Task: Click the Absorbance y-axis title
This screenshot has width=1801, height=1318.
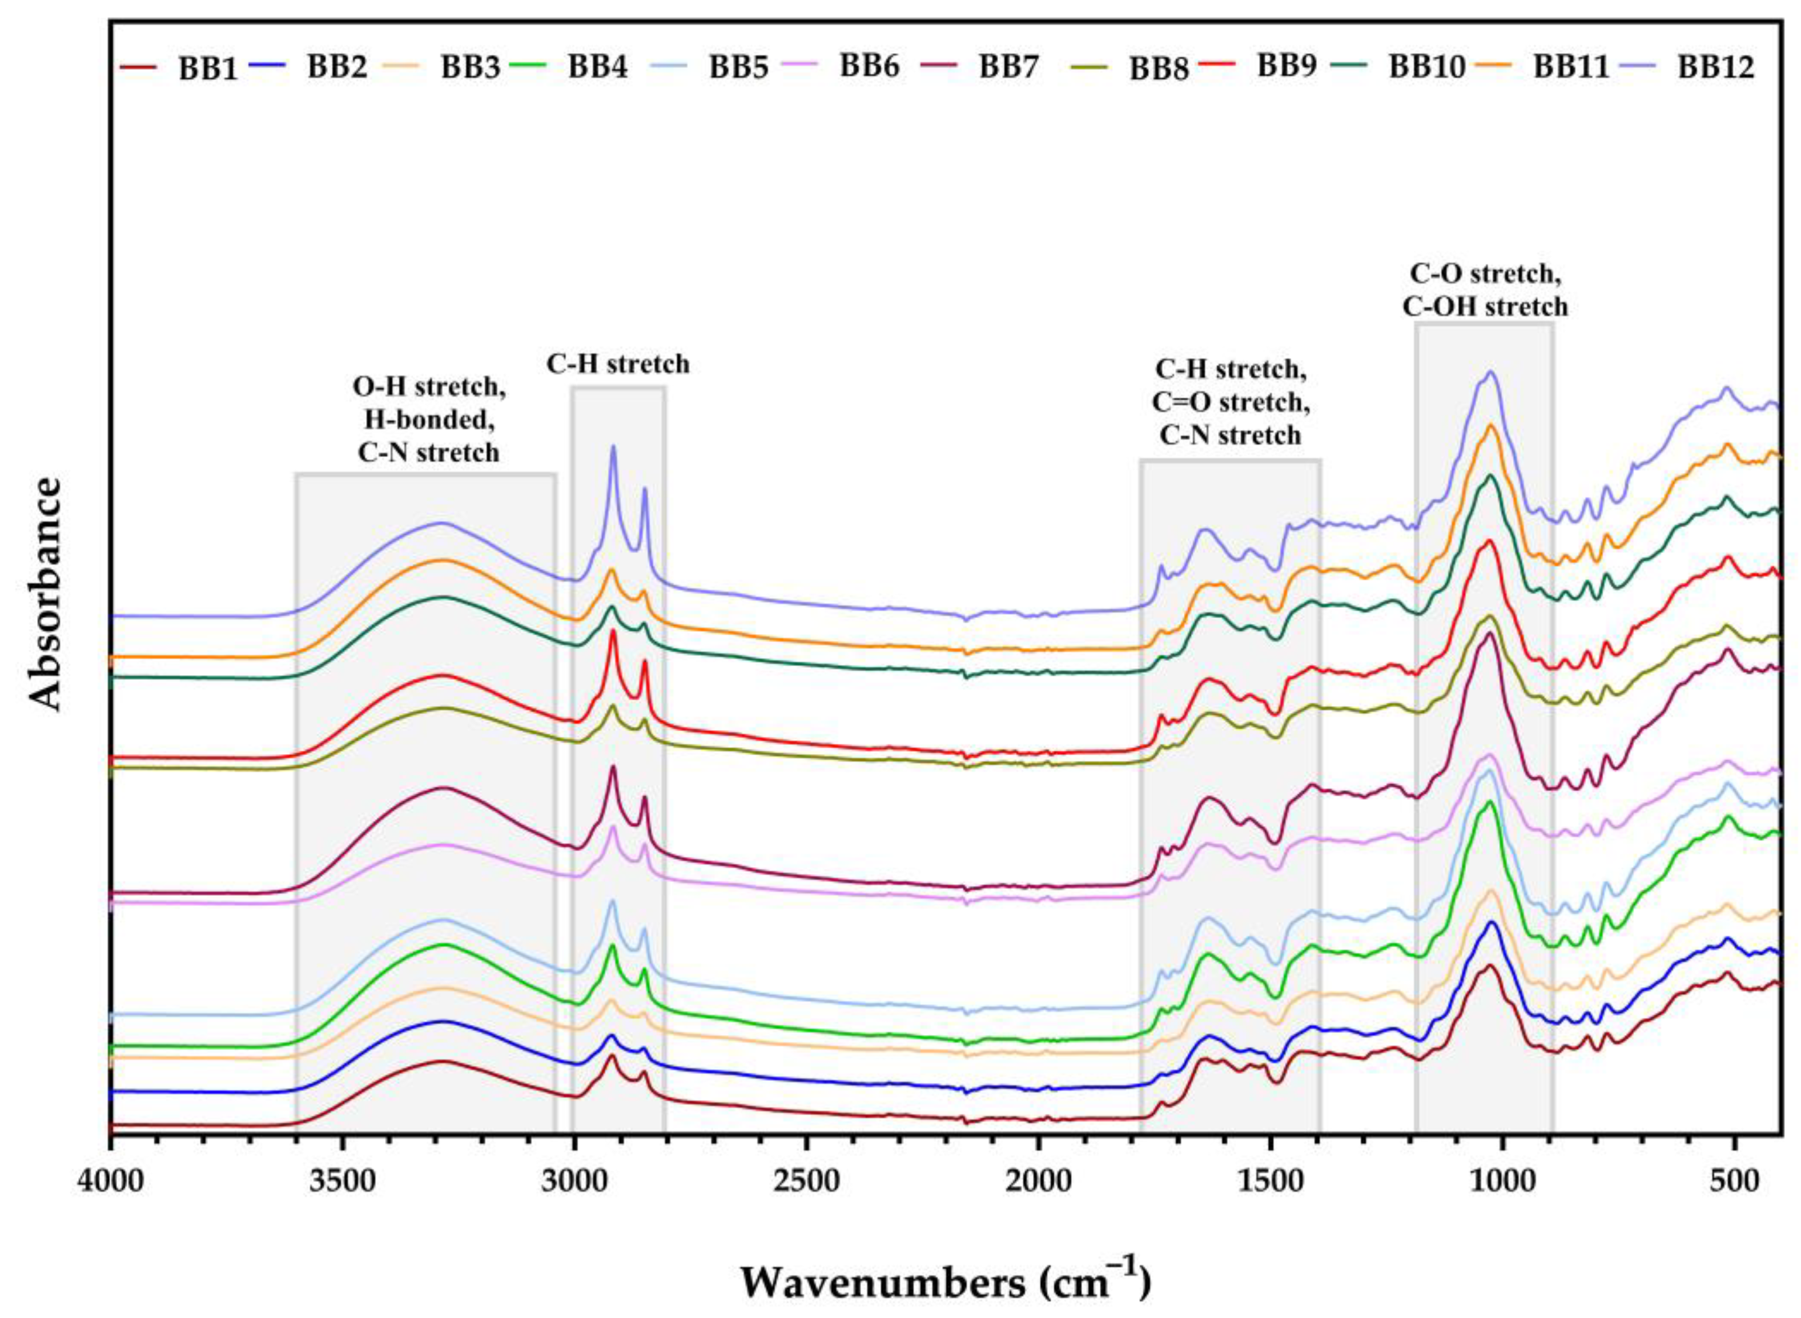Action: coord(46,594)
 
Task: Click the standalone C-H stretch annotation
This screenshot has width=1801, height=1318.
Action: coord(618,365)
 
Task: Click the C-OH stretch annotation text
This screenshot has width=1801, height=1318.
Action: coord(1485,307)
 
